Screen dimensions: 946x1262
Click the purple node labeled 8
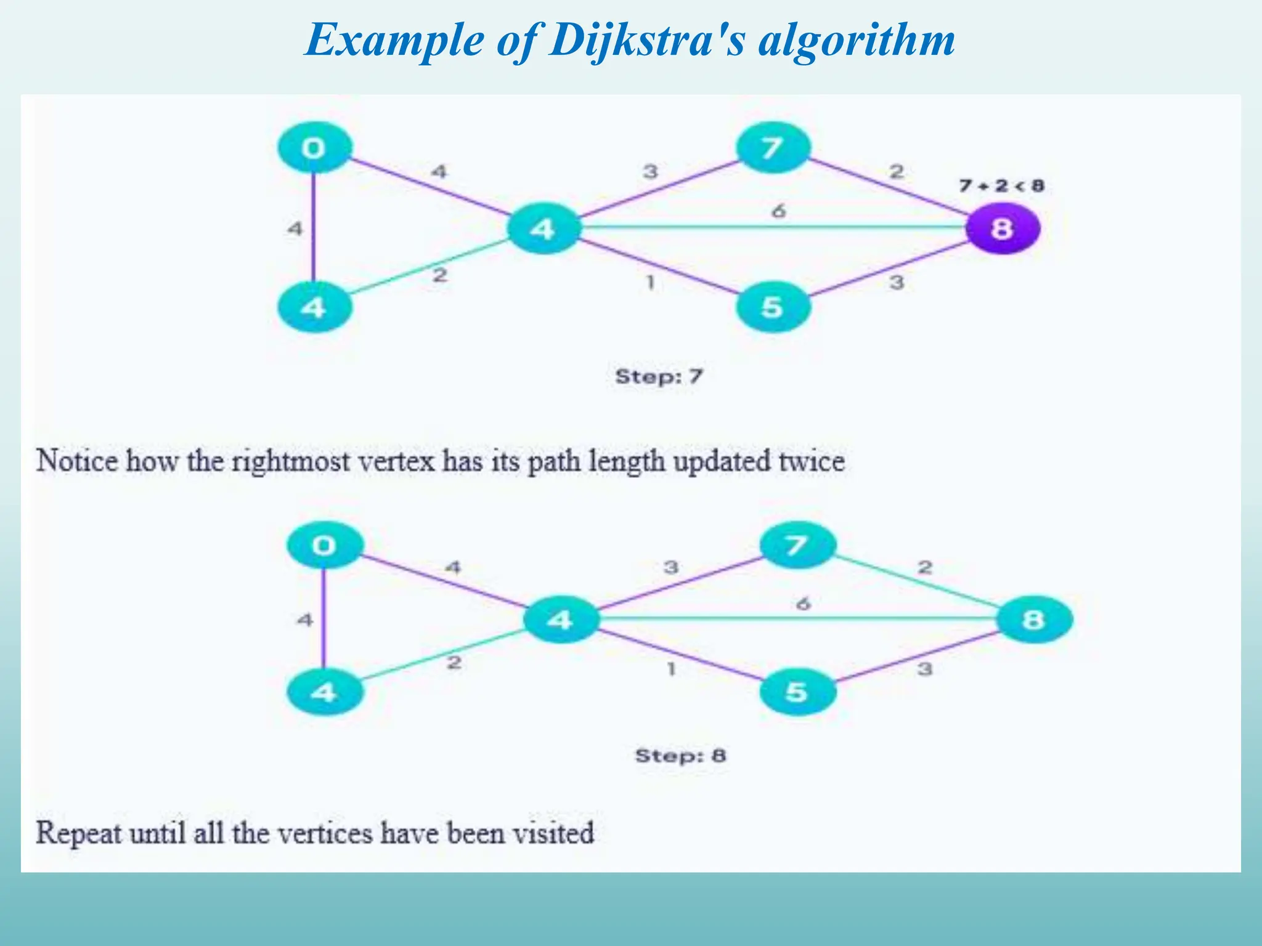[1003, 228]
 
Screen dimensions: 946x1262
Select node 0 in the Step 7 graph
[314, 148]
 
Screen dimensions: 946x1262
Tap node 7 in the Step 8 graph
[797, 545]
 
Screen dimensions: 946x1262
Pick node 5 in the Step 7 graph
[773, 307]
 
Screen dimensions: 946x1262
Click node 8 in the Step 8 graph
[1034, 619]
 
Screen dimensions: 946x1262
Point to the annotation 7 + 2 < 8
[1001, 185]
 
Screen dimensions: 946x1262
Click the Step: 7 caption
[659, 376]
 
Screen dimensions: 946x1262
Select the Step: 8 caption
[680, 755]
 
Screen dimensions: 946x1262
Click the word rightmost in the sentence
[291, 461]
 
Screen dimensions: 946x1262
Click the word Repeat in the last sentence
[78, 833]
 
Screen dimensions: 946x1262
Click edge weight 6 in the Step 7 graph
[779, 211]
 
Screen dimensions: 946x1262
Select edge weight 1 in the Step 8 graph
[671, 668]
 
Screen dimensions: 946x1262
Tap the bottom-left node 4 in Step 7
[314, 307]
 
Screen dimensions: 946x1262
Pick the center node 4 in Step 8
[560, 619]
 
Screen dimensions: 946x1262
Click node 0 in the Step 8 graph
[325, 545]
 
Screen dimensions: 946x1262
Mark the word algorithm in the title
[857, 41]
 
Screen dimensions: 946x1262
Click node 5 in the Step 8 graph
[797, 692]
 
